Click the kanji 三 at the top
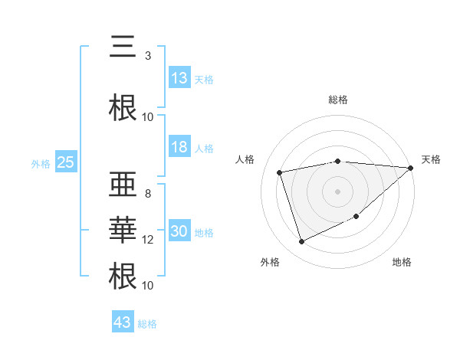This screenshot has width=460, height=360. (x=123, y=48)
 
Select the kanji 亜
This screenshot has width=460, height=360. (x=123, y=188)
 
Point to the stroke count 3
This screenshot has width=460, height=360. (x=147, y=55)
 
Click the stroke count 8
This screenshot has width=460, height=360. (x=147, y=194)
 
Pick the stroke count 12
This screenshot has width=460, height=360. (x=148, y=240)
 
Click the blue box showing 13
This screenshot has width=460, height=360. (x=179, y=78)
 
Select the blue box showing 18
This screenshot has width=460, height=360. (x=179, y=148)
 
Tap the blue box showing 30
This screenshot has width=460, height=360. (x=179, y=232)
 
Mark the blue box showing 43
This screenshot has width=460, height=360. (x=122, y=322)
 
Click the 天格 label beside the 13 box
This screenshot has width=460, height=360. (x=204, y=79)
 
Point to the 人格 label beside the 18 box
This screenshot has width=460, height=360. (x=204, y=149)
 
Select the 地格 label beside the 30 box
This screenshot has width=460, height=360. (x=204, y=233)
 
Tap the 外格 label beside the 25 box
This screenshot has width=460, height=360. (x=41, y=163)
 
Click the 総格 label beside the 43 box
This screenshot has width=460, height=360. (x=147, y=324)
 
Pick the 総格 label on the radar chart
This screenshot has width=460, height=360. (x=338, y=100)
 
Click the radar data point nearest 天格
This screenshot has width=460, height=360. (x=410, y=168)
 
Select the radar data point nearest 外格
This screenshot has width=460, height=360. (x=301, y=242)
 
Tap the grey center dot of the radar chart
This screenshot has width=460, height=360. (x=337, y=191)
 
